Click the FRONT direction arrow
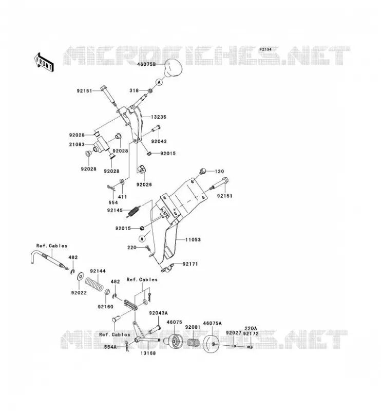click(44, 62)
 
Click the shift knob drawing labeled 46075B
click(173, 67)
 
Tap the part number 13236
click(159, 117)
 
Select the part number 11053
click(193, 239)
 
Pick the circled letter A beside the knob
click(159, 82)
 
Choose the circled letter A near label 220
click(142, 239)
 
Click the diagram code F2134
click(265, 49)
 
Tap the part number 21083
click(77, 144)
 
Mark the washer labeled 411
click(122, 181)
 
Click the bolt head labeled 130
click(202, 171)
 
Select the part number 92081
click(193, 327)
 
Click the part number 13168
click(148, 353)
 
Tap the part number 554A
click(110, 347)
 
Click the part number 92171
click(190, 264)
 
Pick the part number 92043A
click(158, 313)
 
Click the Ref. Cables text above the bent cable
click(52, 246)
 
